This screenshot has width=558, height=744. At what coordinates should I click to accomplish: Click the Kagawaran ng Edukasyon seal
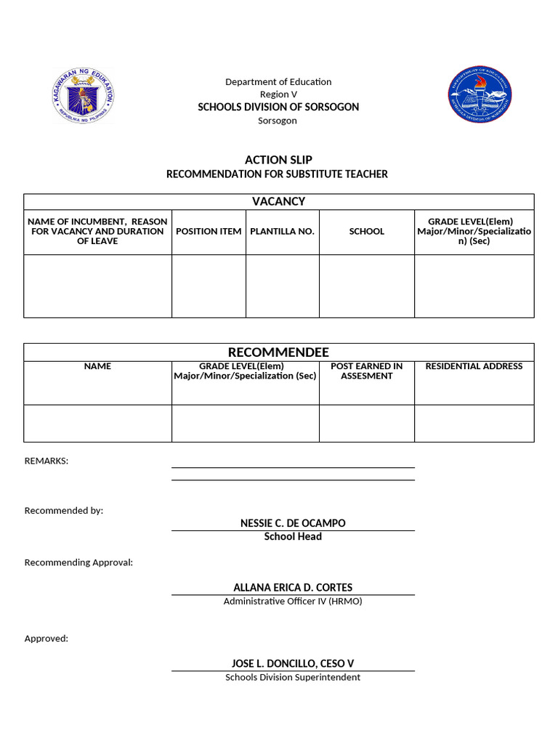[84, 96]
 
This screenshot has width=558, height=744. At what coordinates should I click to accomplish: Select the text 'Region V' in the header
[278, 94]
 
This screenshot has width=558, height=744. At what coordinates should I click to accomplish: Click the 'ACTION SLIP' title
[278, 160]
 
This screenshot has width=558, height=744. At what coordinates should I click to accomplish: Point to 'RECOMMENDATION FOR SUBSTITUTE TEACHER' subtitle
[277, 174]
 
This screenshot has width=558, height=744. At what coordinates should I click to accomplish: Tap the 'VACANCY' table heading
[278, 201]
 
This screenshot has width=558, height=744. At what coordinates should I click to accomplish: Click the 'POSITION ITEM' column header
[209, 231]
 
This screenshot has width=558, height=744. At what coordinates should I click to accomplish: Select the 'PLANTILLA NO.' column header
[282, 231]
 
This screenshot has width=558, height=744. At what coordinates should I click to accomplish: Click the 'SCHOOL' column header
[366, 231]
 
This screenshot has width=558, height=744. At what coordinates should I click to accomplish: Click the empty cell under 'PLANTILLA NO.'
[282, 286]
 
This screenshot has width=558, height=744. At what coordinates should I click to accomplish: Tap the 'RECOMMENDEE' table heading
[278, 352]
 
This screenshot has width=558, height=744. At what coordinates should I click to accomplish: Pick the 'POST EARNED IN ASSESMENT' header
[366, 371]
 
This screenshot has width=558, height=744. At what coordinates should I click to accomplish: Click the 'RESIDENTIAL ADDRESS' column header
[474, 366]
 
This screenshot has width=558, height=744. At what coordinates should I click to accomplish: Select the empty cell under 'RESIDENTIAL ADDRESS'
[474, 423]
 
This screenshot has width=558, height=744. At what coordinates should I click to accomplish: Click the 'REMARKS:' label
[46, 461]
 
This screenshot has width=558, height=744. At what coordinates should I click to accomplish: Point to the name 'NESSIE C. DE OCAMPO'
[293, 523]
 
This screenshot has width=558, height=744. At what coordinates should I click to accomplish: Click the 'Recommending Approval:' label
[78, 562]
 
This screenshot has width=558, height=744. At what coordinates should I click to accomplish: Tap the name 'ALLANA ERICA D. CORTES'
[293, 587]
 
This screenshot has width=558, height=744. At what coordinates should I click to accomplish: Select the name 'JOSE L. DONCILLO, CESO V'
[293, 663]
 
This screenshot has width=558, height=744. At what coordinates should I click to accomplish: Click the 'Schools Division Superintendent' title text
[293, 677]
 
